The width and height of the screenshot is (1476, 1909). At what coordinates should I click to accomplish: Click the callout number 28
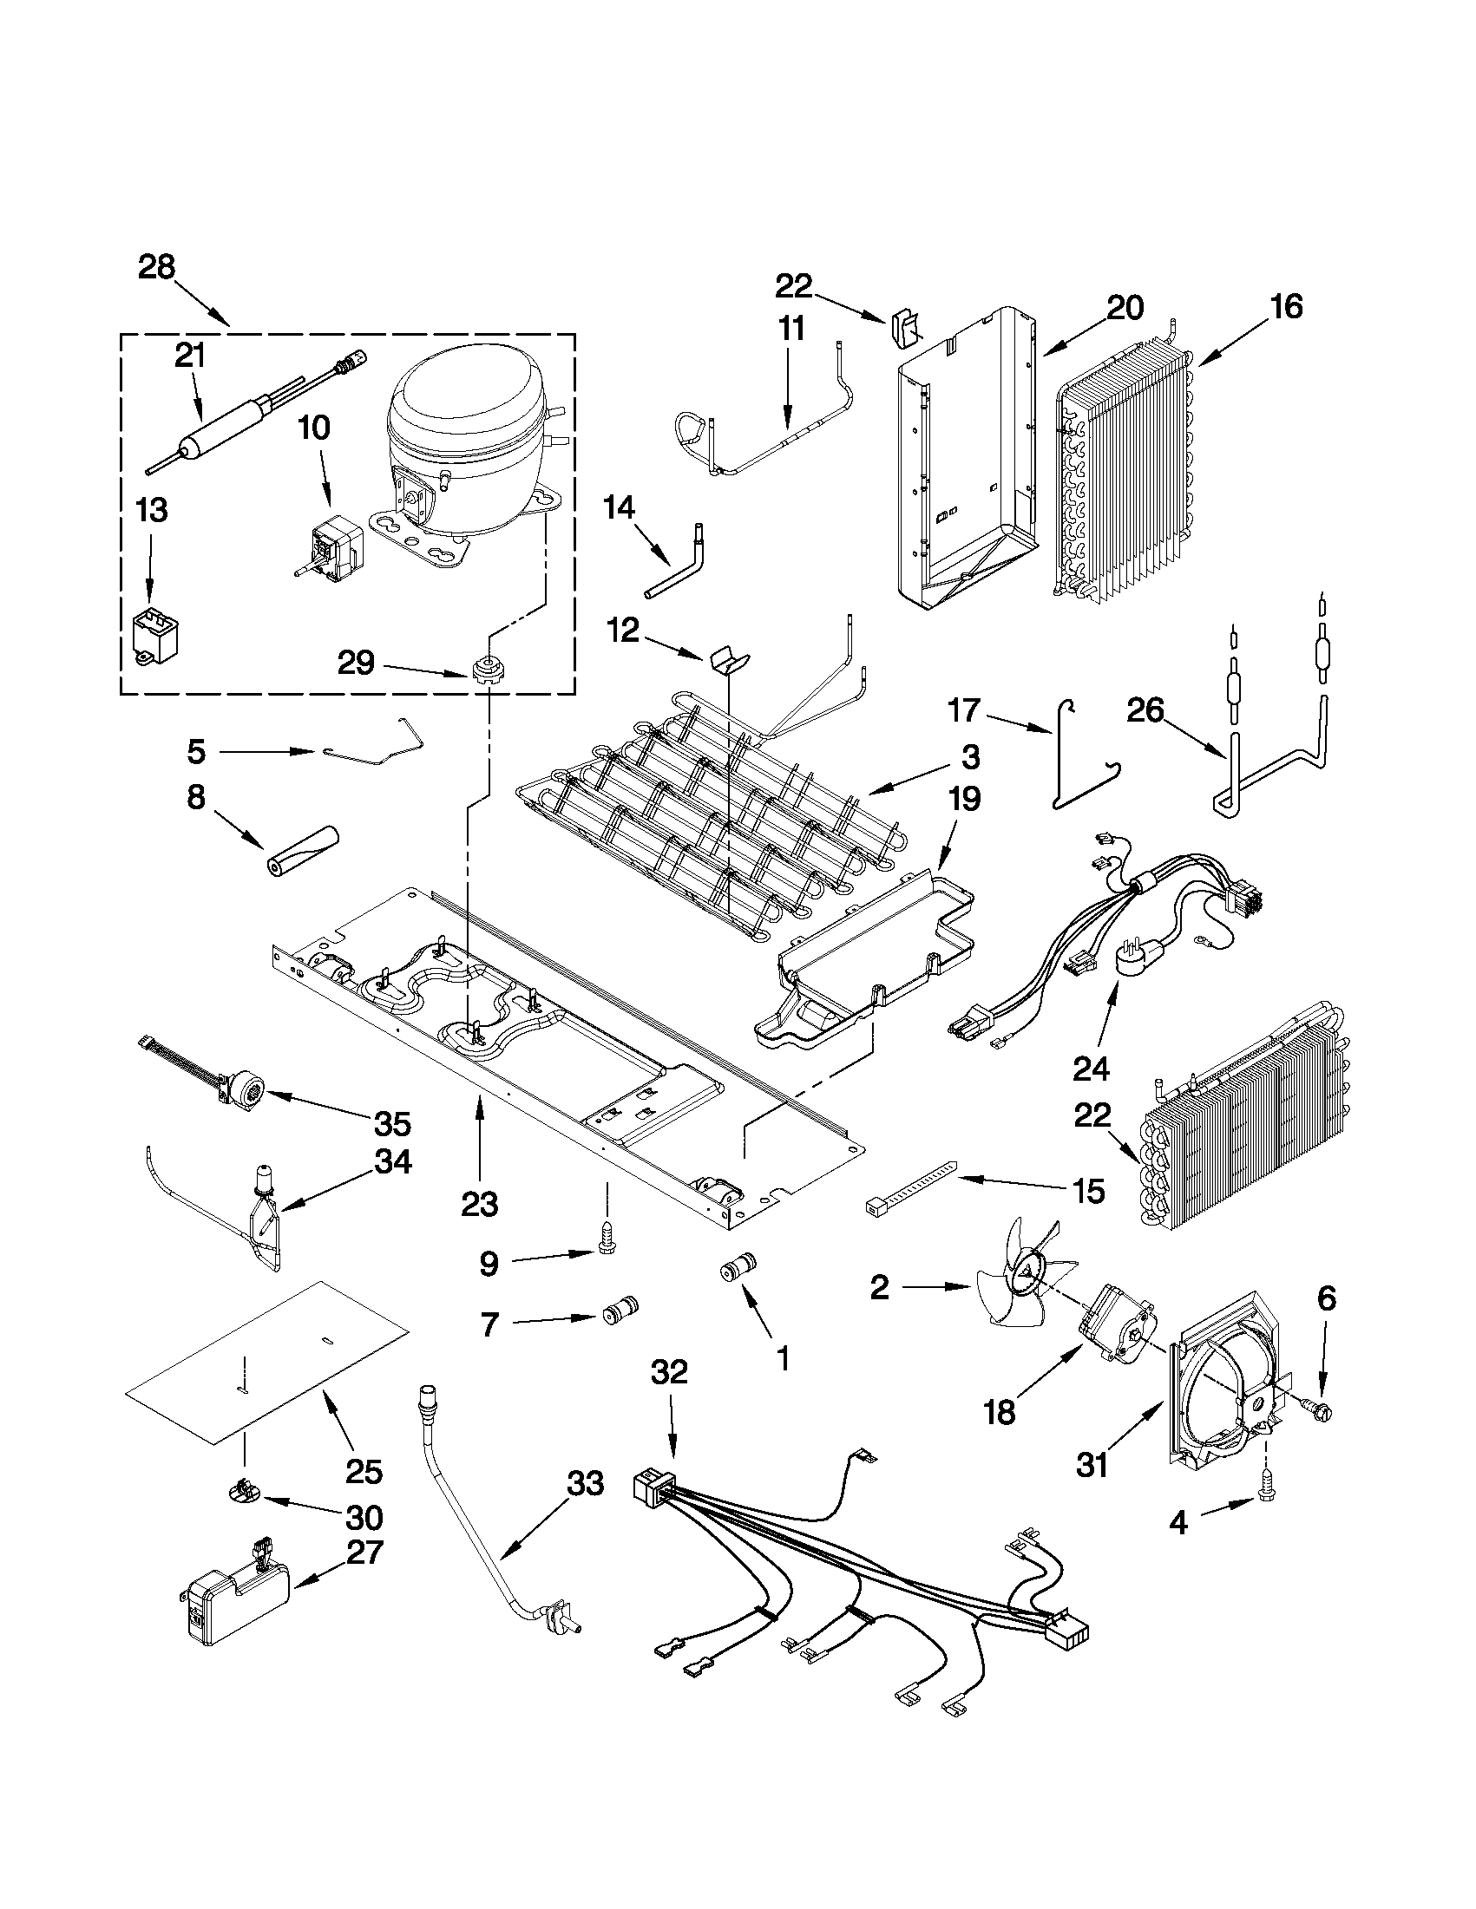pos(157,266)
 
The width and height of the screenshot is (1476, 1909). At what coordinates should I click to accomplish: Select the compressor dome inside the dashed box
pos(461,412)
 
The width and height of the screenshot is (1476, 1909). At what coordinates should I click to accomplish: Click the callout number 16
pos(1286,307)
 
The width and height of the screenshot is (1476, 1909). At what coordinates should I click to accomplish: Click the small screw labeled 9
pos(607,1234)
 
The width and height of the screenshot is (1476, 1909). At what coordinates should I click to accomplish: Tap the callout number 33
pos(585,1484)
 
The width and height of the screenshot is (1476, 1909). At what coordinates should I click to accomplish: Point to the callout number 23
pos(480,1204)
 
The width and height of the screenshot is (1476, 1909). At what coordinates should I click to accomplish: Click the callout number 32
pos(670,1372)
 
